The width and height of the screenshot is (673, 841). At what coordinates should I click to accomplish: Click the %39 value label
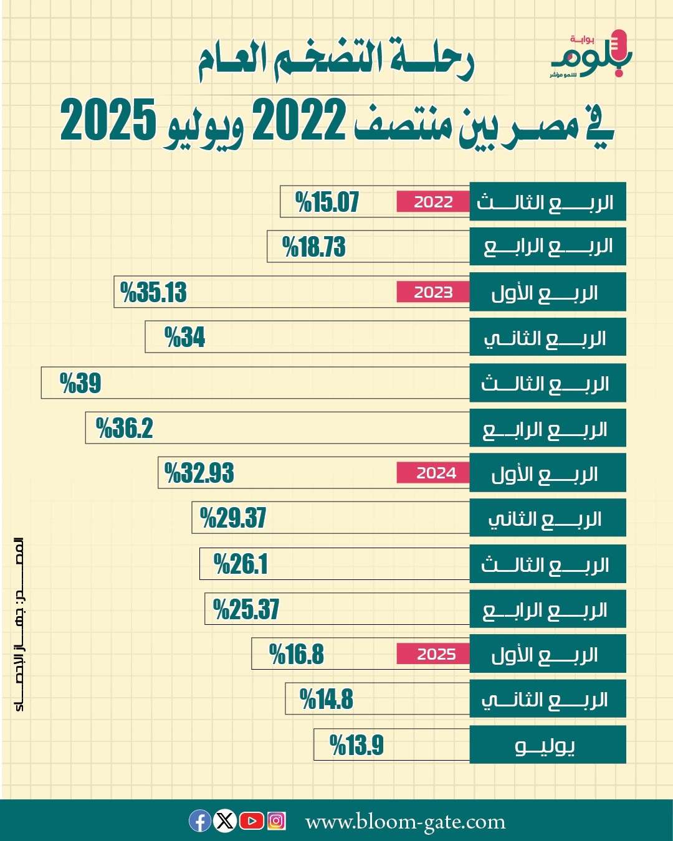(x=80, y=383)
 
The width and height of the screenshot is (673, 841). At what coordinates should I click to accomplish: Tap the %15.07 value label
(x=327, y=202)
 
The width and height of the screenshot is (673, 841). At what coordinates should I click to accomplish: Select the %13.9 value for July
(x=356, y=745)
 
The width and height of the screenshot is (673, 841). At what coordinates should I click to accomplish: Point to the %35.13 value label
(x=153, y=292)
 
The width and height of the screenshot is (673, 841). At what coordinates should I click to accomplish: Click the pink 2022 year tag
(x=433, y=202)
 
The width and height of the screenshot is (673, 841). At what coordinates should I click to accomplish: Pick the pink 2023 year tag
(x=433, y=292)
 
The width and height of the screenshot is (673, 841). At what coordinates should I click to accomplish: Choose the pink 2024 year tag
(x=436, y=473)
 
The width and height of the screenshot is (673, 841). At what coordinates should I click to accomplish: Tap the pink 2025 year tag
(x=436, y=654)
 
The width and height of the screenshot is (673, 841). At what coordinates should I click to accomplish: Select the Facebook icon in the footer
(x=200, y=821)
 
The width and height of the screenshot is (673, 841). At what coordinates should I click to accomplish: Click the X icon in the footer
(x=225, y=821)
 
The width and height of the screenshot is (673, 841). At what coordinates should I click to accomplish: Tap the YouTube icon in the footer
(x=251, y=821)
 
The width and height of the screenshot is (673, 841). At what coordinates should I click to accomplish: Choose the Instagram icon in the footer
(x=277, y=821)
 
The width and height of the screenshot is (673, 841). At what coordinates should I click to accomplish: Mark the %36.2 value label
(x=124, y=429)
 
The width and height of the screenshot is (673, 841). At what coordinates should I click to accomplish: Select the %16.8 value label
(x=297, y=655)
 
